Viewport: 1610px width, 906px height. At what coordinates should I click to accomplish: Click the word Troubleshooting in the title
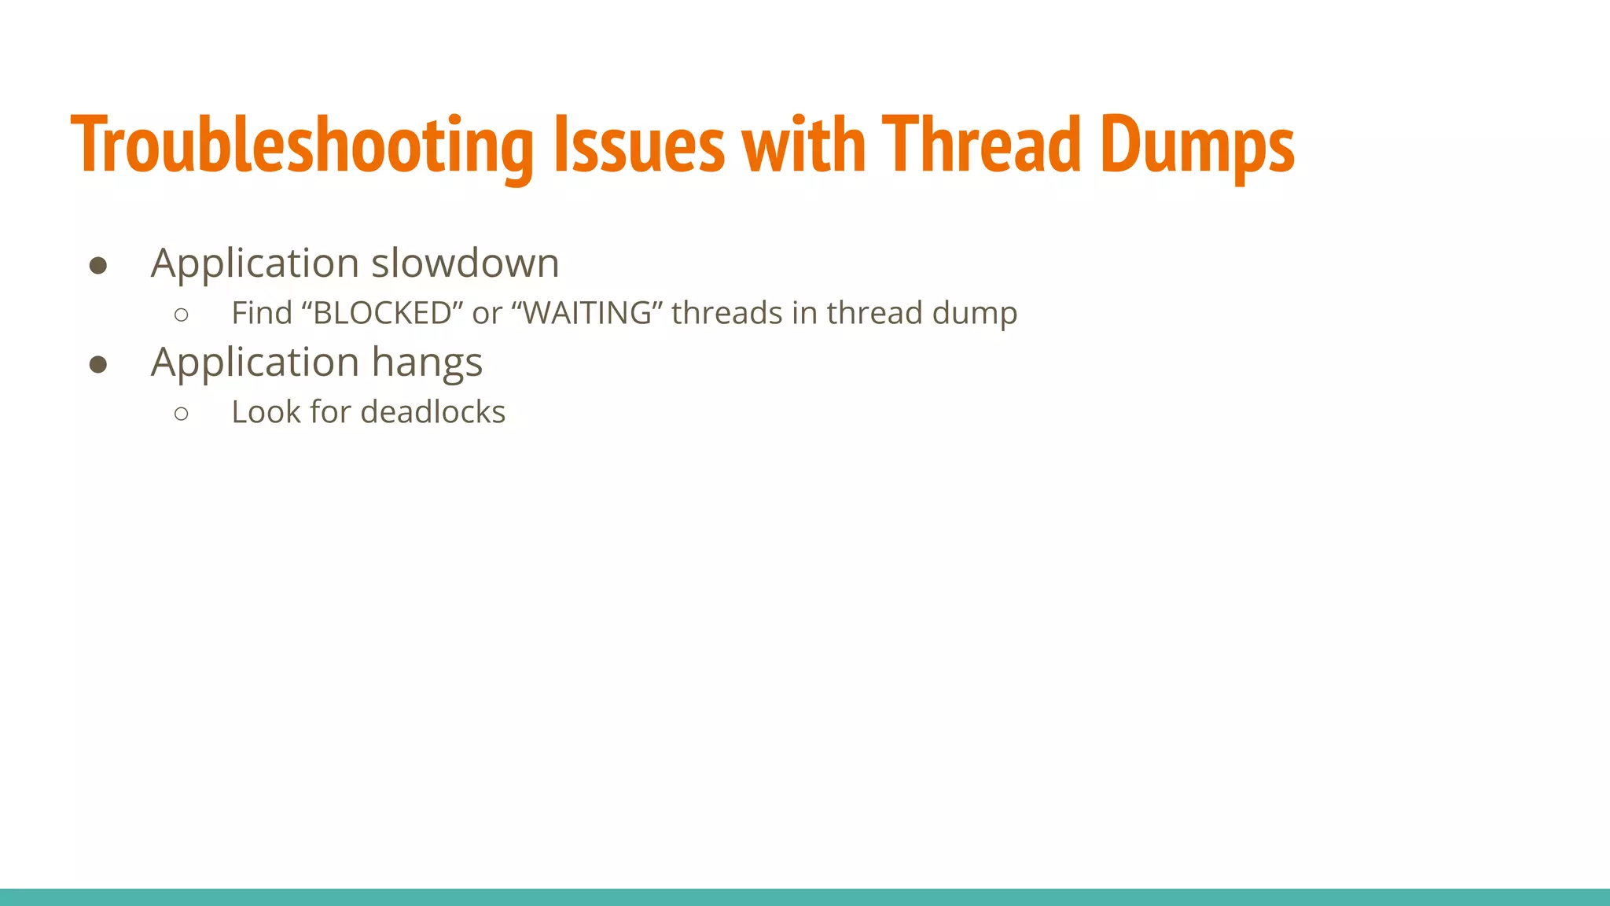[x=302, y=145]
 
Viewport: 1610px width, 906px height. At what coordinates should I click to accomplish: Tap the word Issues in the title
[x=639, y=145]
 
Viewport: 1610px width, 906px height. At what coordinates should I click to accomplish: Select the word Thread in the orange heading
[x=981, y=145]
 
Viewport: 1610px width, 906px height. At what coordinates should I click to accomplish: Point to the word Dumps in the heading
[x=1196, y=145]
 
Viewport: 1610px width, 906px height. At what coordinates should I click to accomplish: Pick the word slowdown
[x=465, y=263]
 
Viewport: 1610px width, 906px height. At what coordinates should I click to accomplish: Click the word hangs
[x=426, y=363]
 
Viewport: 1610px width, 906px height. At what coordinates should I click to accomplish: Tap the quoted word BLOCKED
[x=383, y=313]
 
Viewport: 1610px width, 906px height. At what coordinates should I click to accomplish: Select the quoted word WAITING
[x=587, y=313]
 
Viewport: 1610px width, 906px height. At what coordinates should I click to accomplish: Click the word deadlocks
[x=433, y=412]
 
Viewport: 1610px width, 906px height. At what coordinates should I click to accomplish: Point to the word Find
[x=262, y=313]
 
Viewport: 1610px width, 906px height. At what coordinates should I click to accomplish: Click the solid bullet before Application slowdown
[x=98, y=266]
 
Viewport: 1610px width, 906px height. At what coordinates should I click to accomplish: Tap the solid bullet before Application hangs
[x=98, y=364]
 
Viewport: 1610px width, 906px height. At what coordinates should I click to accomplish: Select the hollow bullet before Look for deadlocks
[x=182, y=414]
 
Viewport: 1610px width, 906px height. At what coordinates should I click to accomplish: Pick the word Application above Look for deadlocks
[x=255, y=363]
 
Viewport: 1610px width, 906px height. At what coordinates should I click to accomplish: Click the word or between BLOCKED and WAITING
[x=487, y=313]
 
